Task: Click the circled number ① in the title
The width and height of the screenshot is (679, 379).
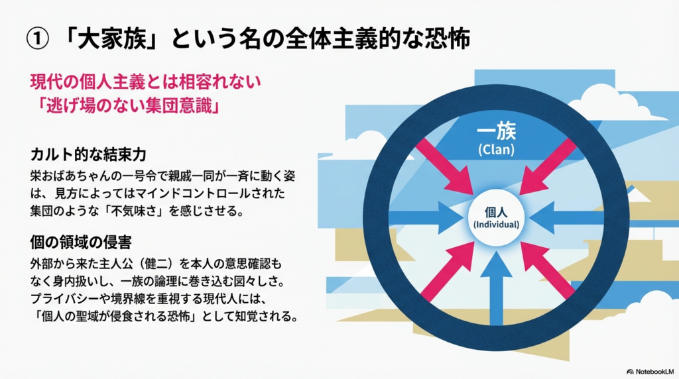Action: coord(34,38)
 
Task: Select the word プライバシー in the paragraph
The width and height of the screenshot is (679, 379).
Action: coord(73,298)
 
